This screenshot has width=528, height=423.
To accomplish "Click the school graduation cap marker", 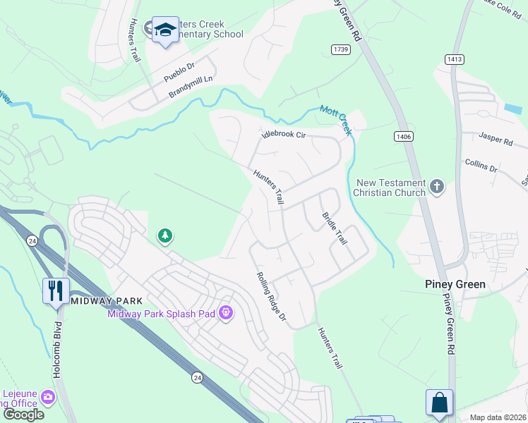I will pos(165,30).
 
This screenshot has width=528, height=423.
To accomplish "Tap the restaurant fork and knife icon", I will pos(56,290).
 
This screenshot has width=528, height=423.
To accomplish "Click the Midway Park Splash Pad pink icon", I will pos(226,312).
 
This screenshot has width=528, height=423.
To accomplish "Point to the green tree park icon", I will pos(165,235).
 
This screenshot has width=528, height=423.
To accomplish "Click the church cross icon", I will pos(437,187).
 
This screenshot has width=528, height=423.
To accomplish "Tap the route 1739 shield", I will pos(341,48).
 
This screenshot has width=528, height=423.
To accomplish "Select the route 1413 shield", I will pos(455,60).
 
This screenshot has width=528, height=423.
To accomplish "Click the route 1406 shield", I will pos(403,135).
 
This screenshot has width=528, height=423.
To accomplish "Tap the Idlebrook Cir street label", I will pos(283,134).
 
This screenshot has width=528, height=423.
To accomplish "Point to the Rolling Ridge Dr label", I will pos(271,297).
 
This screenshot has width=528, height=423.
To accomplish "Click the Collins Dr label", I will pos(481,166).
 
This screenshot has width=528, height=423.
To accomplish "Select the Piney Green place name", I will pos(455,284).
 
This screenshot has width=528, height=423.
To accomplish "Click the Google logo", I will pos(23,415).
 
